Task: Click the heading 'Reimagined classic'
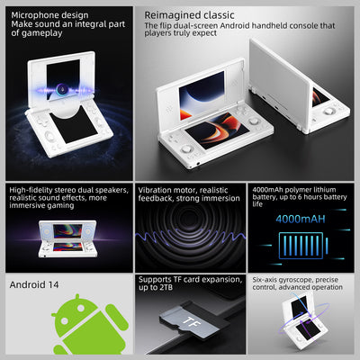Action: point(189,15)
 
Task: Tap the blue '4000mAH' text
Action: point(301,219)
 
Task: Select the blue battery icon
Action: point(303,246)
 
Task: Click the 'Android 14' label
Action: point(34,284)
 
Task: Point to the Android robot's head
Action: point(76,312)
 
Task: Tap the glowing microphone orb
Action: point(61,89)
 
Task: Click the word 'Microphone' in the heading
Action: point(33,15)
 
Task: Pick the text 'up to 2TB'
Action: point(156,287)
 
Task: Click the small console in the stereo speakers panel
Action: point(67,238)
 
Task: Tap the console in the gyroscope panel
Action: point(301,322)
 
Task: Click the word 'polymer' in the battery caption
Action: point(297,190)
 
